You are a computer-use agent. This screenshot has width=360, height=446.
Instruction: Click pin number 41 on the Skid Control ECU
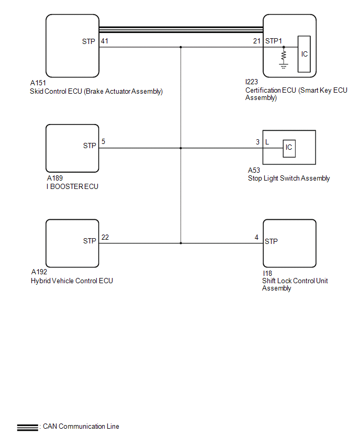click(x=104, y=41)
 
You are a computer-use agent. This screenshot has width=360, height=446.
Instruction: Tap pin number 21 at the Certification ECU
click(x=257, y=41)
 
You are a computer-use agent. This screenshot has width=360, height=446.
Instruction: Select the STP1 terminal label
click(x=273, y=41)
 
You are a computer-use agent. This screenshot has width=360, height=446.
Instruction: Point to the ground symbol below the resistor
click(x=284, y=66)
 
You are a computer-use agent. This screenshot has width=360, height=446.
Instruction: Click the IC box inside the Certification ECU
click(x=304, y=54)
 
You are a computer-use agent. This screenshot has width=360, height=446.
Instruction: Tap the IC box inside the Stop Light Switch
click(x=289, y=148)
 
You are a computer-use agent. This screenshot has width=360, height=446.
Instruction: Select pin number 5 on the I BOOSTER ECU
click(x=103, y=141)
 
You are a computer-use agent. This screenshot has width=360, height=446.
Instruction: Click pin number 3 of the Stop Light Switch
click(x=257, y=142)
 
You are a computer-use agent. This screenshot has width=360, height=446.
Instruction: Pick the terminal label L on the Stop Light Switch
click(x=267, y=142)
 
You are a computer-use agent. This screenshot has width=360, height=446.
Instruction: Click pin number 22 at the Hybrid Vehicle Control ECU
click(x=105, y=237)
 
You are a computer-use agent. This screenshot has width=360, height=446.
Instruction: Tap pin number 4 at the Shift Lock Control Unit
click(x=256, y=237)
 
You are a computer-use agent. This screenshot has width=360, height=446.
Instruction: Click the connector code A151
click(x=38, y=83)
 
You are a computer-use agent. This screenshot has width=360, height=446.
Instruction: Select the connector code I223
click(x=252, y=82)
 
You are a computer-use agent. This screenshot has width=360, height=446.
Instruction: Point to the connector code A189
click(x=54, y=178)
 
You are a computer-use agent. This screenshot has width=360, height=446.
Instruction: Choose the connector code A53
click(x=254, y=170)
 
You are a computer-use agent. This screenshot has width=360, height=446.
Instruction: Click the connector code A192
click(x=39, y=272)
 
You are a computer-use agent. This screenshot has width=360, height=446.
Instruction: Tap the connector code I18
click(x=267, y=273)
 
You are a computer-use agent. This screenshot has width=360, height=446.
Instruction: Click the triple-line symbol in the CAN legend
click(x=28, y=428)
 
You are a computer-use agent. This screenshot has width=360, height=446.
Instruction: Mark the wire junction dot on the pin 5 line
click(x=181, y=148)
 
